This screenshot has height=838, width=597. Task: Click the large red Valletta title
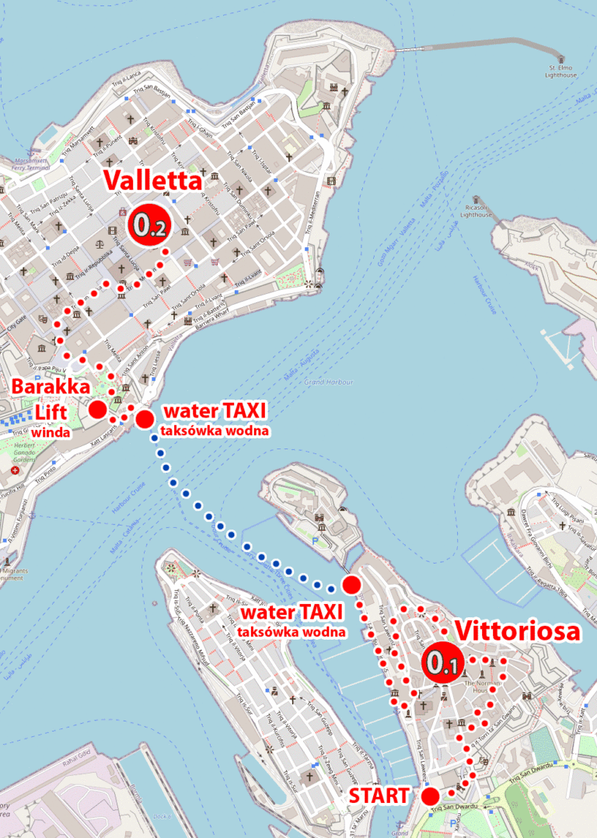click(152, 180)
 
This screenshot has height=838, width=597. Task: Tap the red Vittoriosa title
click(517, 631)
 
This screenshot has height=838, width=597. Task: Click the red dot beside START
click(429, 795)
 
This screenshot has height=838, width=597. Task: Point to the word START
click(379, 796)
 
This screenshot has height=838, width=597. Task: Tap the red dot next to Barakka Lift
click(98, 410)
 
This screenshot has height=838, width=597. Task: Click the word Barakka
click(48, 386)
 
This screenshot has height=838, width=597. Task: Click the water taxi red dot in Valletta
click(145, 419)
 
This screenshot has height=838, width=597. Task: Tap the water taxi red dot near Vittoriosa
click(351, 585)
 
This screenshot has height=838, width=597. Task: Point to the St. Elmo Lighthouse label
click(561, 72)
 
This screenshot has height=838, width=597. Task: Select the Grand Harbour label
click(329, 382)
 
